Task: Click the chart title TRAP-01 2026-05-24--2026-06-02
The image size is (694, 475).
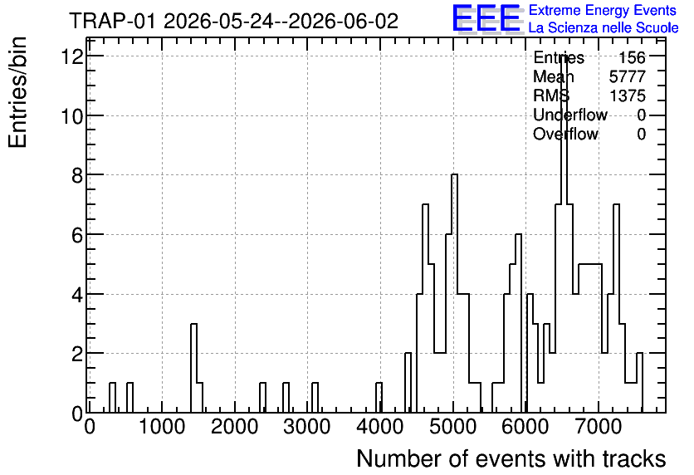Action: pos(234,21)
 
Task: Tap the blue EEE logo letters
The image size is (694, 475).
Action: pos(486,18)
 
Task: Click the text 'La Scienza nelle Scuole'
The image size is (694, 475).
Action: pos(604,27)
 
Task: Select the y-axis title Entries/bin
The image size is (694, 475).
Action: pos(17,92)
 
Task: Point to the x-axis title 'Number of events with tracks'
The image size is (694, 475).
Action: pos(511,458)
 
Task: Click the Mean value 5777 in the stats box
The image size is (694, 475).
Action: pos(627,76)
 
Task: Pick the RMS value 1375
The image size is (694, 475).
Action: pos(628,95)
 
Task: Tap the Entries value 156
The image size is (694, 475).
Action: pos(632,57)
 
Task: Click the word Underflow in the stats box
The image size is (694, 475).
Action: pos(570,115)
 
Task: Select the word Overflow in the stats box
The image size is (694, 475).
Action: pos(565,134)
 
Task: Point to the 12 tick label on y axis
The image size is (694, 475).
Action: pos(72,56)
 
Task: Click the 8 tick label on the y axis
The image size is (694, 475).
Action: pos(77,176)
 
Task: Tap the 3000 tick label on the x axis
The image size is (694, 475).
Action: pos(307,427)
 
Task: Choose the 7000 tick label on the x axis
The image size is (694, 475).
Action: pos(599,427)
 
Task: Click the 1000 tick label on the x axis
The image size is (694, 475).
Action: pos(162,427)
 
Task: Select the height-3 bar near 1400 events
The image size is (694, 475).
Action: pos(194,368)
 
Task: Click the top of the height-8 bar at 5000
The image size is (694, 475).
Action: pos(455,175)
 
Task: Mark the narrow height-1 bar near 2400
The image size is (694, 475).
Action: pos(263,398)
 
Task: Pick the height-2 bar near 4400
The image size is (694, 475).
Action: pos(408,383)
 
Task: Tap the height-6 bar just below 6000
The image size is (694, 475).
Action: pos(519,323)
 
